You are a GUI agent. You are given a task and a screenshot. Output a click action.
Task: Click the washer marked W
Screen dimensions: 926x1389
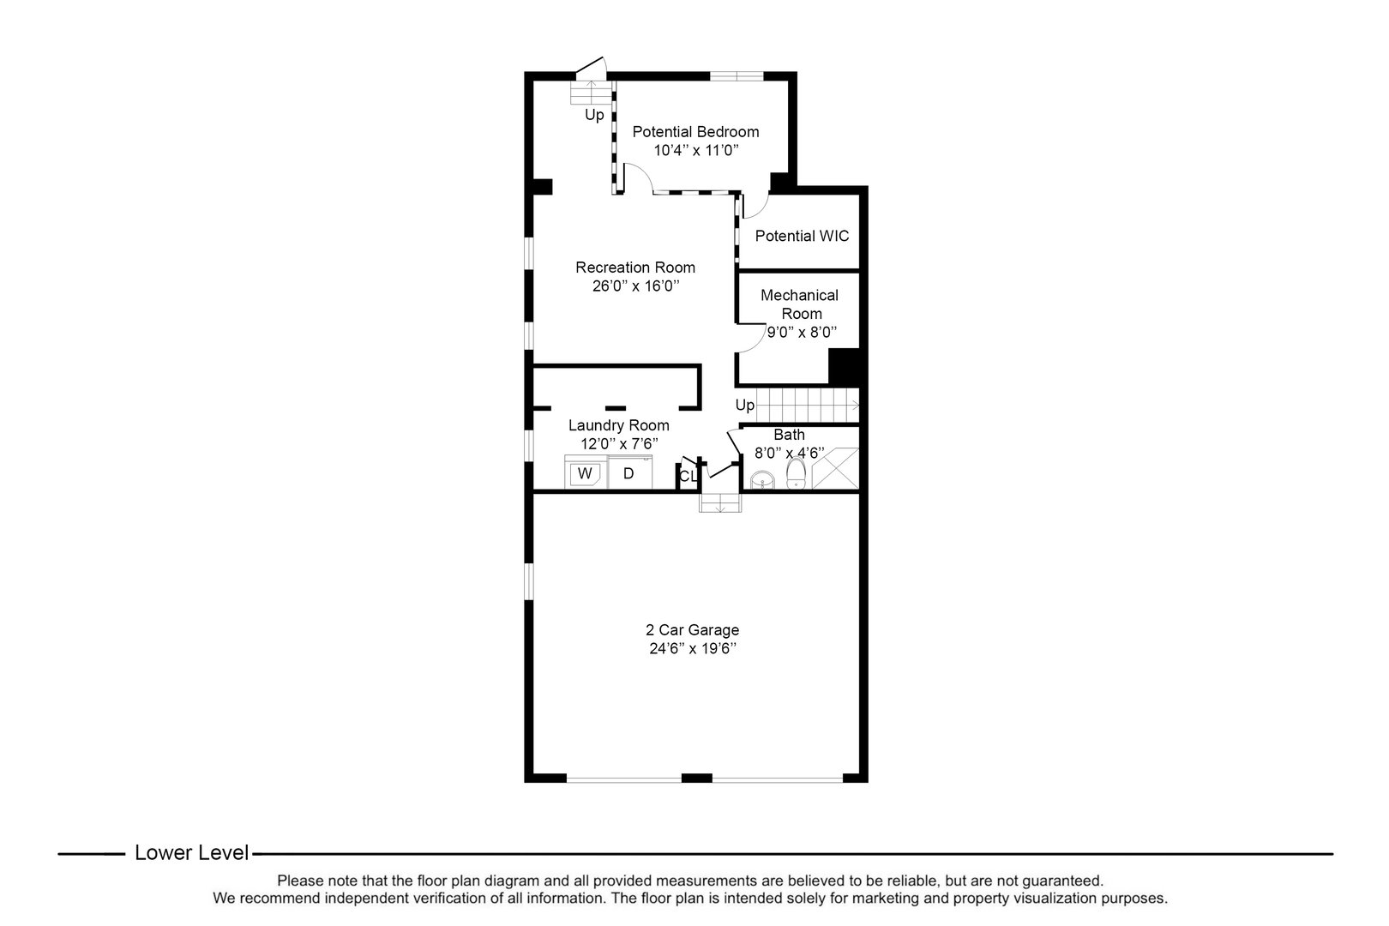[585, 473]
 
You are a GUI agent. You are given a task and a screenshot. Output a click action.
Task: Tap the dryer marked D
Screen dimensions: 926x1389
[629, 473]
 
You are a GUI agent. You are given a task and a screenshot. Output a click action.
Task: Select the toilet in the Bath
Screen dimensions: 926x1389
[796, 473]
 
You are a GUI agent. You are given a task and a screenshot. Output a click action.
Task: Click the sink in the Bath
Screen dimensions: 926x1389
[761, 481]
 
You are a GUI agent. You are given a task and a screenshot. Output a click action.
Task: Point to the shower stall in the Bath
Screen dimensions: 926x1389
[835, 468]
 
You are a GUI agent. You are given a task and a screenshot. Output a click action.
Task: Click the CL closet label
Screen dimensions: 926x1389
[688, 477]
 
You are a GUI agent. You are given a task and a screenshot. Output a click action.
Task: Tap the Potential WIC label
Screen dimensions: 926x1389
[802, 236]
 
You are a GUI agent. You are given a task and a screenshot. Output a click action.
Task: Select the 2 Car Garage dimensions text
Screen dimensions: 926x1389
[693, 649]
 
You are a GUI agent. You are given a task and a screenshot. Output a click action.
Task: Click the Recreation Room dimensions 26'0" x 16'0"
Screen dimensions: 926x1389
[635, 286]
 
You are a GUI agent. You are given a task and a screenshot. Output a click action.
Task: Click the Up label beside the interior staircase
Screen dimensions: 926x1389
[744, 405]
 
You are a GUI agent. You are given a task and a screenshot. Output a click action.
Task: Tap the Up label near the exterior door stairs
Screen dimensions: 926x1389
[594, 115]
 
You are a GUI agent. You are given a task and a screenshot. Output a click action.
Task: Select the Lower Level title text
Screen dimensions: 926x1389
[192, 853]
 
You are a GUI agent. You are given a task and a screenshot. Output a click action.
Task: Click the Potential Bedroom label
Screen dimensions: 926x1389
[695, 131]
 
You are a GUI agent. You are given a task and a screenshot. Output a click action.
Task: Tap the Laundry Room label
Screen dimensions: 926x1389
[618, 425]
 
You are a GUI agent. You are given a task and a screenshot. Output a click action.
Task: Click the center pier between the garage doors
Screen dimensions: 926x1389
[696, 778]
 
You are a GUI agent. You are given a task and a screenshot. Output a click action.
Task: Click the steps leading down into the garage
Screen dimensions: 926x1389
[719, 503]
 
